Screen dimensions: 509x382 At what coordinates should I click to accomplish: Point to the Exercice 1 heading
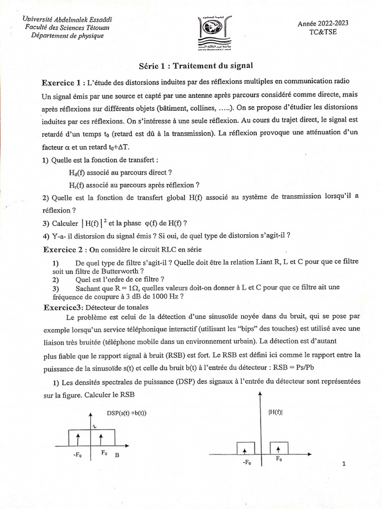point(63,82)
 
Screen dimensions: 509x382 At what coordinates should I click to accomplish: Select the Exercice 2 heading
point(63,249)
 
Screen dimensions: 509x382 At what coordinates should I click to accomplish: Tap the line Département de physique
point(68,36)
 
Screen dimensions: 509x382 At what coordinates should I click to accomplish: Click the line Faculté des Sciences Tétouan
point(68,27)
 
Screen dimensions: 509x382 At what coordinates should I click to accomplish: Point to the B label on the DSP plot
point(116,454)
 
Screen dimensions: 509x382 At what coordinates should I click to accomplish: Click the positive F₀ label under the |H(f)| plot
point(279,460)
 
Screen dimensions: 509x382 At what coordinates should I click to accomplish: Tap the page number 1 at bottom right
point(344,464)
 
